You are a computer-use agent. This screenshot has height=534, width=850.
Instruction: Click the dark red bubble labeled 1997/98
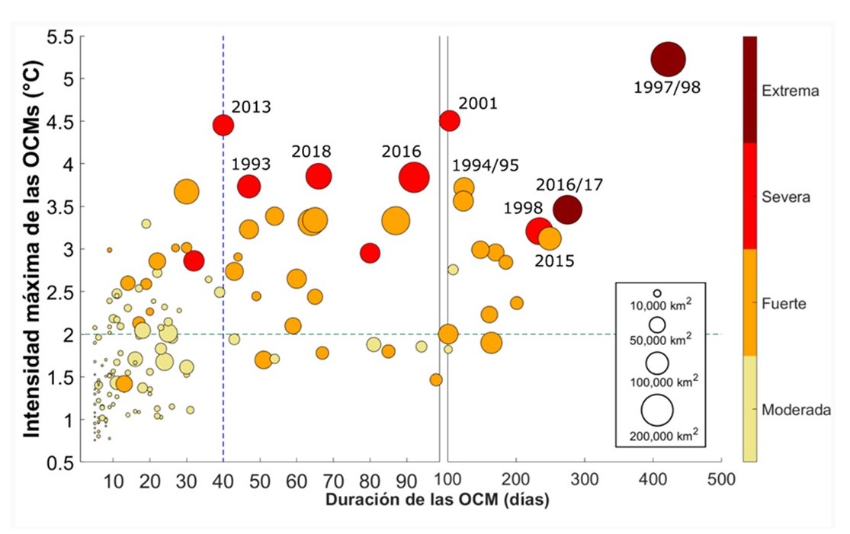[668, 59]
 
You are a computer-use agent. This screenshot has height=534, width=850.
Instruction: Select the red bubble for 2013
[223, 125]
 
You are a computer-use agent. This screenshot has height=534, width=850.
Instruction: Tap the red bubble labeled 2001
[450, 120]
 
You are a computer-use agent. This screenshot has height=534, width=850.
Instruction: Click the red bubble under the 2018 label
[319, 176]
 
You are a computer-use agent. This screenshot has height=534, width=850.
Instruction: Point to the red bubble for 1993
[249, 186]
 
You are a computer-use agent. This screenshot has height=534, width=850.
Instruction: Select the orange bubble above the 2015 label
[549, 238]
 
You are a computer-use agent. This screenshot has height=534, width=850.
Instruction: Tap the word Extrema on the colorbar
[791, 91]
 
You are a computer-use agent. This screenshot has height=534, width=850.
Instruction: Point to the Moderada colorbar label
[795, 410]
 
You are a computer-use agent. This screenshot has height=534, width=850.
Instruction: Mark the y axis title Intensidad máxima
[32, 248]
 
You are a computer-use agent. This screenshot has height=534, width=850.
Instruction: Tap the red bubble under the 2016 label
[414, 177]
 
